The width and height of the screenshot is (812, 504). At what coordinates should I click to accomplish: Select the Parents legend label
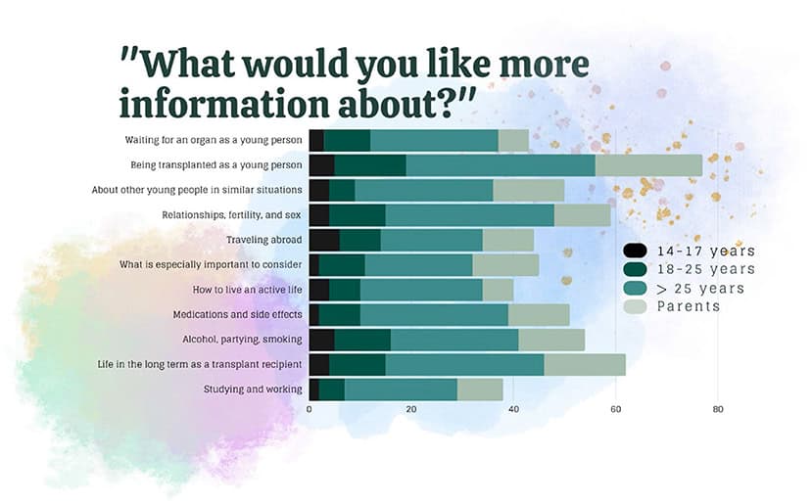[688, 306]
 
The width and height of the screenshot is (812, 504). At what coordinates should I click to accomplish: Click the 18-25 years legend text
[705, 269]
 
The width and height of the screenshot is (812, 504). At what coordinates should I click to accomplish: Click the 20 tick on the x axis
[411, 409]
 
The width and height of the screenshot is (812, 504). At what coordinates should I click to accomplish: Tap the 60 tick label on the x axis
[616, 409]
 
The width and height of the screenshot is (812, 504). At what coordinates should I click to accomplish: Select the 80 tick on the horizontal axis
[718, 409]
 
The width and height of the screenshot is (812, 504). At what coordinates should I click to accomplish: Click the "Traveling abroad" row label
[263, 240]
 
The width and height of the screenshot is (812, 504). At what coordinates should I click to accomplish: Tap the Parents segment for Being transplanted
[648, 165]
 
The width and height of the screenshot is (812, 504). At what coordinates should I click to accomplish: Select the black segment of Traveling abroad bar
[323, 240]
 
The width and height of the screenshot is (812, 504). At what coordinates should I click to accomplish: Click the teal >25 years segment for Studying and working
[401, 389]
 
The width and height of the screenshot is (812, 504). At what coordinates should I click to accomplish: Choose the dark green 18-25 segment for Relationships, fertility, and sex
[357, 215]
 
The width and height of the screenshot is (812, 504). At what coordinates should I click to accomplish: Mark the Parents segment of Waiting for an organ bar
[513, 140]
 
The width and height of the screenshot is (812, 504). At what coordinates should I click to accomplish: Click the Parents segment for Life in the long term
[585, 364]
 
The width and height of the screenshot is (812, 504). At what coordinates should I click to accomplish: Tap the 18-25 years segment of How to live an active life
[345, 290]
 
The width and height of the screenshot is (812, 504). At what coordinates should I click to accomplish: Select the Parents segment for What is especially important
[505, 265]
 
